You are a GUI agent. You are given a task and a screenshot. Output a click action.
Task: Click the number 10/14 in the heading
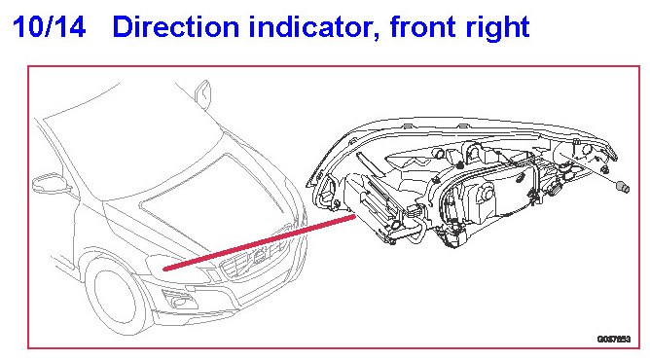(x=50, y=27)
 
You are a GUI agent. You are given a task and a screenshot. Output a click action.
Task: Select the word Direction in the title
(x=176, y=27)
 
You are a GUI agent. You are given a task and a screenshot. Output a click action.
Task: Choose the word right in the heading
(x=497, y=29)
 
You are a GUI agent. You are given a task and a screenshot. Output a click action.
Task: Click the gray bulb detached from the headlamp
(x=623, y=187)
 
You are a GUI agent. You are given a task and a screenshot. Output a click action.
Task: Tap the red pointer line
(x=260, y=242)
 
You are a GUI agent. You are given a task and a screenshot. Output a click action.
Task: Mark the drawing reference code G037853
(x=614, y=340)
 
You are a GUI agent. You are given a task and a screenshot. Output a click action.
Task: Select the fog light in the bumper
(x=179, y=299)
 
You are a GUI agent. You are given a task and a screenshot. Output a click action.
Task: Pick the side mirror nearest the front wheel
(x=51, y=183)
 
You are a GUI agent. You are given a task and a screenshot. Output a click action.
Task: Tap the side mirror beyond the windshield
(x=203, y=93)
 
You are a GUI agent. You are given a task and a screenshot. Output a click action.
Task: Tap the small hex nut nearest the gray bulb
(x=605, y=169)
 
